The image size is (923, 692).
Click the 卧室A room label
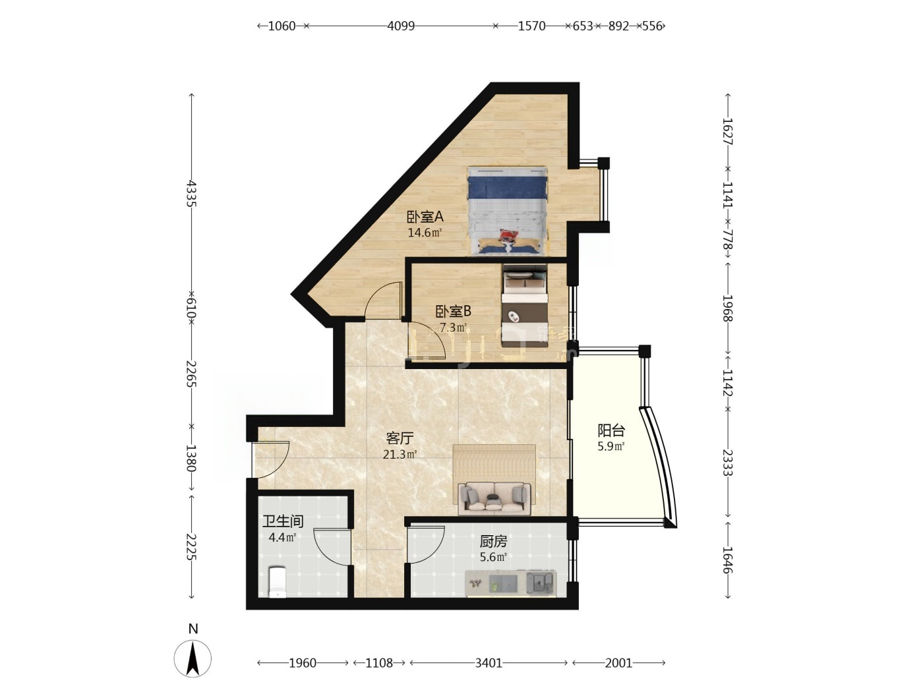coord(425,217)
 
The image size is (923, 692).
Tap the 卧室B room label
coord(453,311)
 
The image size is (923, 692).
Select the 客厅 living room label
coord(400,438)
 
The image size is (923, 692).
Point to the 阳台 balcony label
coord(611,430)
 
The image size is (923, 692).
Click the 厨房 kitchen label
coord(493,542)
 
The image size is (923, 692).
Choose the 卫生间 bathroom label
coord(283,521)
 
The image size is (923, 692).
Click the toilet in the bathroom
coord(277,582)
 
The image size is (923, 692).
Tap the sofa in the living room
coord(494,498)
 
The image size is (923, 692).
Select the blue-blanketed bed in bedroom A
coord(508,211)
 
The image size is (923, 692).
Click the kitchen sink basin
coord(540,583)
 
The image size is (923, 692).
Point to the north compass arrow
coord(193,658)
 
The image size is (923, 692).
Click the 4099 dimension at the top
coord(401,26)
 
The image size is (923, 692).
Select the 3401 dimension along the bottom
coord(489,663)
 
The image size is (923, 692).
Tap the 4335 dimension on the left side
coord(192,193)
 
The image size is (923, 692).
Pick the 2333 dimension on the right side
coord(728,463)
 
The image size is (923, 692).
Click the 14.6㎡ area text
coord(425,233)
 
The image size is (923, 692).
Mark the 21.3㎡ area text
coord(400,454)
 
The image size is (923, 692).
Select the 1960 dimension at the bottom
coord(303,663)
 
